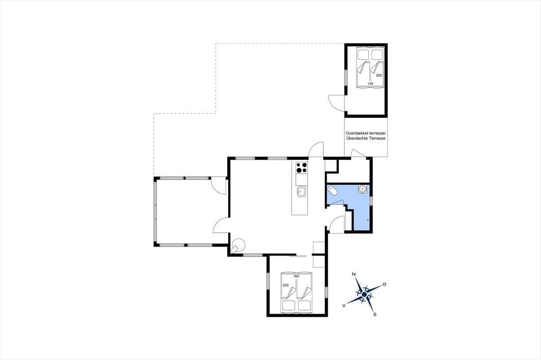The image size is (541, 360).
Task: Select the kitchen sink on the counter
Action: (x=301, y=192)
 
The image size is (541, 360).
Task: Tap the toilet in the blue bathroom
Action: (x=332, y=190)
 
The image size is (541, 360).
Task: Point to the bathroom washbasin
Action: (x=362, y=189)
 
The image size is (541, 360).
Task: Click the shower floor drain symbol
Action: (x=368, y=220)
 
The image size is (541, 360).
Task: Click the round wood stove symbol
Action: (x=238, y=245)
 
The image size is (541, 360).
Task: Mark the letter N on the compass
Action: (x=353, y=274)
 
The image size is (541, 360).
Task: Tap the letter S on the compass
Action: (x=375, y=314)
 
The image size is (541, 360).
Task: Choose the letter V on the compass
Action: (x=344, y=305)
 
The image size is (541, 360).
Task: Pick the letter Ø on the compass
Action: (x=385, y=285)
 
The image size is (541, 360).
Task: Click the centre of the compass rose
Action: (x=365, y=295)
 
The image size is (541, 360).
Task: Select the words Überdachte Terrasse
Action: (x=366, y=138)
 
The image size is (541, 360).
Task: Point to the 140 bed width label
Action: (x=370, y=83)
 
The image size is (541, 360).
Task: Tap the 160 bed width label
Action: (x=296, y=276)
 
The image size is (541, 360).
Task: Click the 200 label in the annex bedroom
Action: (x=379, y=75)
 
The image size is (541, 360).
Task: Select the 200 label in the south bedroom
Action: (x=286, y=285)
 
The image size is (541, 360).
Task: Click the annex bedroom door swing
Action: (x=335, y=103)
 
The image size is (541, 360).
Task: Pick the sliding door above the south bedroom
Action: (x=298, y=256)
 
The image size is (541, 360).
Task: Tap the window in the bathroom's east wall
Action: (x=371, y=201)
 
